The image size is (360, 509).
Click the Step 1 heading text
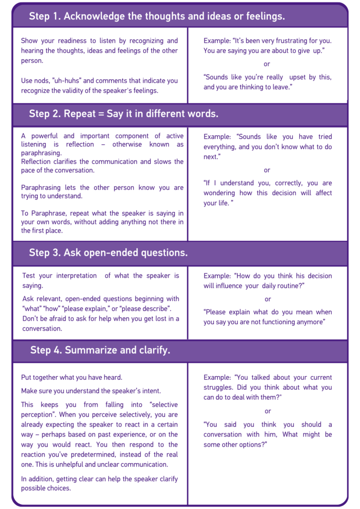(157, 16)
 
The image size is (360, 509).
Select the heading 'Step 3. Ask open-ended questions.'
(108, 253)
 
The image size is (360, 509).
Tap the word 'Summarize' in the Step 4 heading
(88, 350)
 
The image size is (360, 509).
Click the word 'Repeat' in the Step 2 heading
(78, 114)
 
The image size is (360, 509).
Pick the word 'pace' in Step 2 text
(28, 170)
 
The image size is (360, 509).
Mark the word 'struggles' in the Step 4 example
(218, 388)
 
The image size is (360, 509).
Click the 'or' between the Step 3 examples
(268, 299)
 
